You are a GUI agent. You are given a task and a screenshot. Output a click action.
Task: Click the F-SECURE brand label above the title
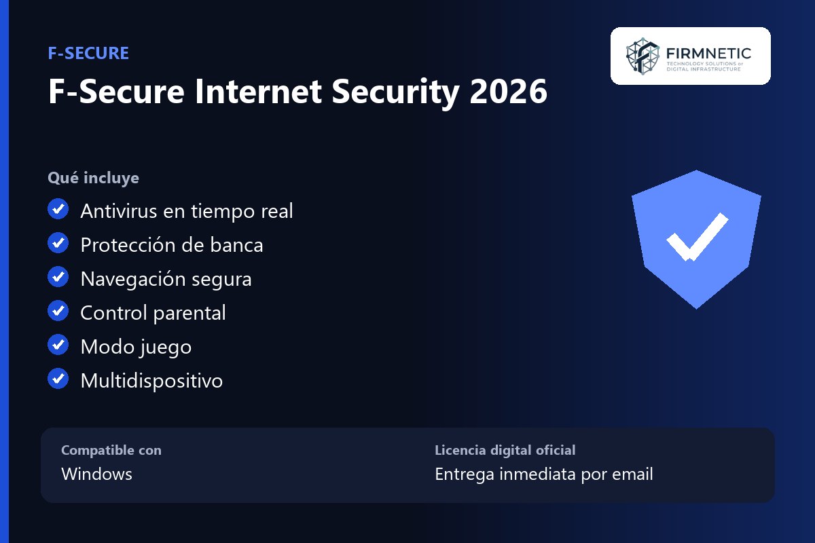coord(88,53)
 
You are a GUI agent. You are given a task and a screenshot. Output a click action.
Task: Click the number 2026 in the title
coord(508,91)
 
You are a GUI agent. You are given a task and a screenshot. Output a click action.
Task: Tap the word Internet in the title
coord(258,91)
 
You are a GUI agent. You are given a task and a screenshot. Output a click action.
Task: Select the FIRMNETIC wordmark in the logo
coord(708,54)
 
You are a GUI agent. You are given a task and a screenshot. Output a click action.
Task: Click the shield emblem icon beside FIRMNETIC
coord(642,56)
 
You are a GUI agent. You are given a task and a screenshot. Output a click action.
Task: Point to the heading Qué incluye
coord(94,178)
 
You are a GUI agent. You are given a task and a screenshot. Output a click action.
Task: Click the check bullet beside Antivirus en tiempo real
coord(58,209)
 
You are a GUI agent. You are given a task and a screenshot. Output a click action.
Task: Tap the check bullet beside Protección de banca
coord(58,242)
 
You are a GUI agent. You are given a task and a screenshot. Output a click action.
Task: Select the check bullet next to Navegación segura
coord(58,277)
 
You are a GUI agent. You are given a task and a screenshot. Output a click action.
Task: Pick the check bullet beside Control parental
coord(58,311)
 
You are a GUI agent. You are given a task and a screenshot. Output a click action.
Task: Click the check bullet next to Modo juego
coord(58,344)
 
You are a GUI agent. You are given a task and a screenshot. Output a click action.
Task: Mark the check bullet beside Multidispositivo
coord(58,379)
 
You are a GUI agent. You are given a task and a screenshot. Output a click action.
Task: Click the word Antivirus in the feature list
coord(119,211)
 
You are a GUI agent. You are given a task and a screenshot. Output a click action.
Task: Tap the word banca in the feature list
coord(236,245)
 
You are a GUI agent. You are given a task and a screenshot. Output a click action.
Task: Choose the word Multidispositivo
coord(151,381)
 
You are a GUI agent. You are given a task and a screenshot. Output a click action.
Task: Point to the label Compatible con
coord(111,450)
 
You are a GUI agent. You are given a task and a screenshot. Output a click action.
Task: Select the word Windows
coord(96,474)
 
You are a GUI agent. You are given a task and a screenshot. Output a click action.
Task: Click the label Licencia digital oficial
coord(505,450)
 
